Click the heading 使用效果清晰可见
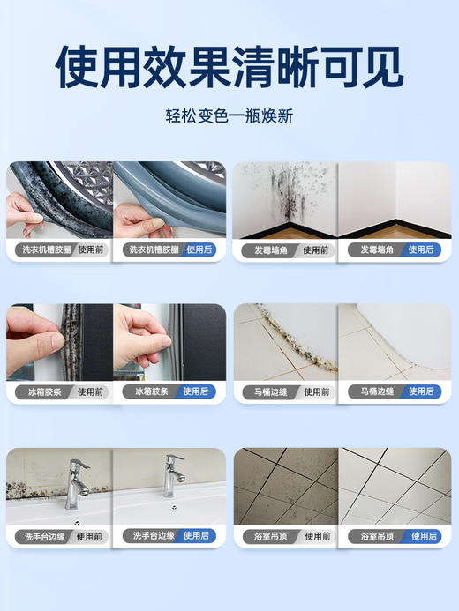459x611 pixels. pyautogui.click(x=229, y=66)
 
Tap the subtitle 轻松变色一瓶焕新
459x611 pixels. pyautogui.click(x=229, y=115)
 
